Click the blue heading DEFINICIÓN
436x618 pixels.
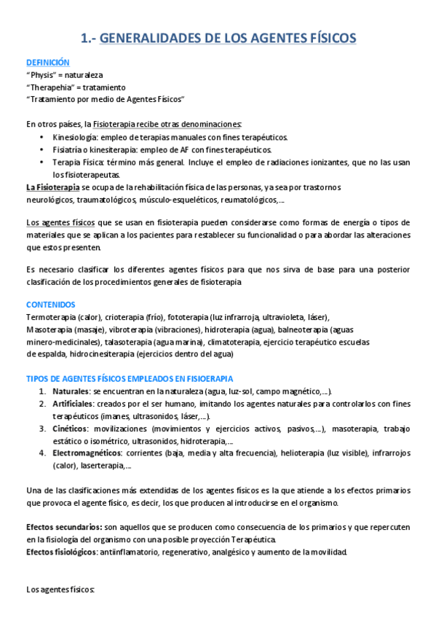47,63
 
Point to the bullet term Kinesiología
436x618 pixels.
76,136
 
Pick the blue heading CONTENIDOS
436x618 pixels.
50,305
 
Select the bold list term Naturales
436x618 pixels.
71,391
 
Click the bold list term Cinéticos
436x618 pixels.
71,428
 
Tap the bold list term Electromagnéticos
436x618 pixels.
87,453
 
